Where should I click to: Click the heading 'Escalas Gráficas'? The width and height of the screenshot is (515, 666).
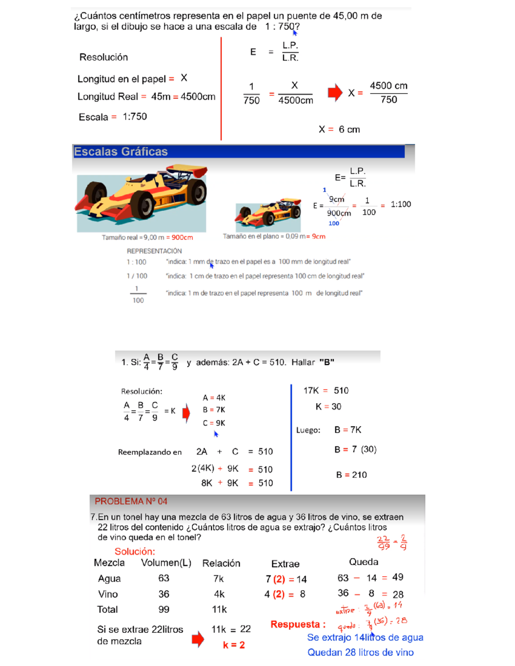point(121,152)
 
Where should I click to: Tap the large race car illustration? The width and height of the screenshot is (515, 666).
point(142,198)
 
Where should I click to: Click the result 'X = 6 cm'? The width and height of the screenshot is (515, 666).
point(339,130)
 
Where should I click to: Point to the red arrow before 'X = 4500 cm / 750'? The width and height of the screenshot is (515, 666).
point(335,93)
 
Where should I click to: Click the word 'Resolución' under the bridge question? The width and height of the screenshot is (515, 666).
point(103,57)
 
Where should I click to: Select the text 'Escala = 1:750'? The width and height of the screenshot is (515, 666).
point(112,117)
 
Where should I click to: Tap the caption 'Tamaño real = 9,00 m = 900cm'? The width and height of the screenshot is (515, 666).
point(147,238)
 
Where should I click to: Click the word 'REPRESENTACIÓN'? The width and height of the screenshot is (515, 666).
point(154,251)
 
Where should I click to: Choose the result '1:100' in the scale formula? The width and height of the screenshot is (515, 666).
point(401,205)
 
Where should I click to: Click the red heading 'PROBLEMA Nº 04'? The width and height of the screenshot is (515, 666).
point(131,501)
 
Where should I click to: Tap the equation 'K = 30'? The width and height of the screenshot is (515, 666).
point(328,407)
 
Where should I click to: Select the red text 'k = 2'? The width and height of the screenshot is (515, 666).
point(234,645)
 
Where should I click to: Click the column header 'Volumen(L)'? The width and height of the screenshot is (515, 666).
point(166,563)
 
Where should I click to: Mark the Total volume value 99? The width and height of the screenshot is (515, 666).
point(164,609)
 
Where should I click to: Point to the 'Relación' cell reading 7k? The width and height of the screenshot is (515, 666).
point(218,579)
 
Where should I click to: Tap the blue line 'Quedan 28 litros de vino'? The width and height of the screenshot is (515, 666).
point(360,652)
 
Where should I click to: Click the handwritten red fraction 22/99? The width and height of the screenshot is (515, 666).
point(383,542)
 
